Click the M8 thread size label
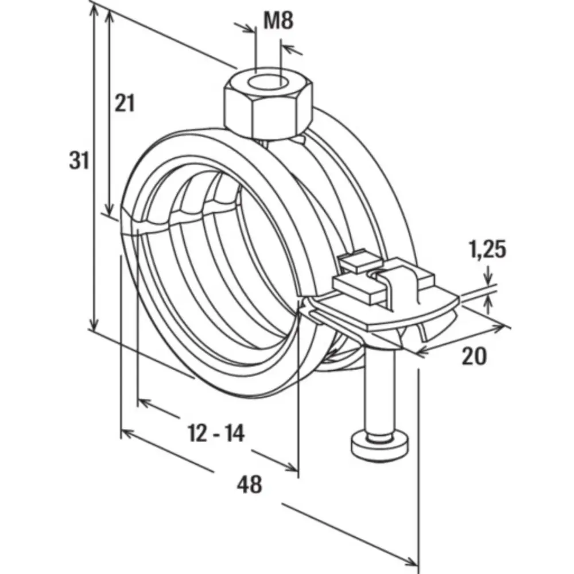pyautogui.click(x=278, y=21)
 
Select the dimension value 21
pyautogui.click(x=124, y=103)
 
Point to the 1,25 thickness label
pyautogui.click(x=488, y=250)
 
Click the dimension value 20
pyautogui.click(x=474, y=356)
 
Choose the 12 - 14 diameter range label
pyautogui.click(x=216, y=433)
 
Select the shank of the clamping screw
pyautogui.click(x=379, y=396)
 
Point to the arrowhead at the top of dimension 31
pyautogui.click(x=92, y=11)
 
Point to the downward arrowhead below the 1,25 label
pyautogui.click(x=489, y=281)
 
